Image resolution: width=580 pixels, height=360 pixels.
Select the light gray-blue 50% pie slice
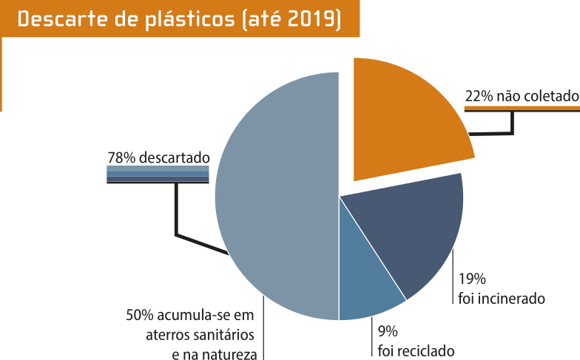(274, 200)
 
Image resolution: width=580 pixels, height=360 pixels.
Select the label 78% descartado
(158, 157)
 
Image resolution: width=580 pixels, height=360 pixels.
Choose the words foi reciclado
(416, 351)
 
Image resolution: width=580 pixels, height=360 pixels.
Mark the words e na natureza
(215, 353)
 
